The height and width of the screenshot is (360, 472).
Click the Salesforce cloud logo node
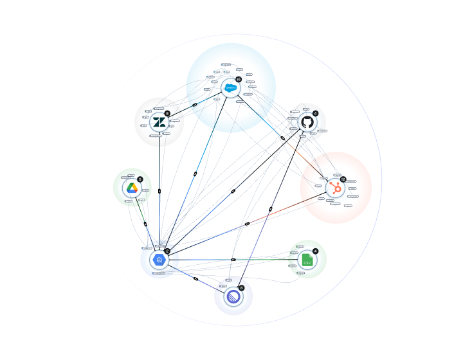coord(230,87)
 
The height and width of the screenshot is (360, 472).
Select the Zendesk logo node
coord(159,122)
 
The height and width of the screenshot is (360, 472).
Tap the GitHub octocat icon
coord(307,122)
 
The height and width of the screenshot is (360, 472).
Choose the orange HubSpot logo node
coord(334,188)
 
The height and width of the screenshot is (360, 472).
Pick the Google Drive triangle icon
coord(132,188)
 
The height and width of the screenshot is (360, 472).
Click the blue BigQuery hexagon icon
coord(159,260)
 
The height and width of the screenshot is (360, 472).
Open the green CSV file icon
coord(307,260)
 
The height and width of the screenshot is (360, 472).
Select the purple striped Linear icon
coord(233,296)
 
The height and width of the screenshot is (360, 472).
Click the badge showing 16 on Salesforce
coord(239,79)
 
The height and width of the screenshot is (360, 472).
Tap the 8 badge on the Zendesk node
coord(167,113)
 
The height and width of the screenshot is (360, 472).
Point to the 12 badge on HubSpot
coord(343,179)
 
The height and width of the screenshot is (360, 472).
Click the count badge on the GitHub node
coord(315,113)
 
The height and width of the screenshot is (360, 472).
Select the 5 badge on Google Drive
coord(140,179)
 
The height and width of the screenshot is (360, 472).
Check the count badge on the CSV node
coord(315,251)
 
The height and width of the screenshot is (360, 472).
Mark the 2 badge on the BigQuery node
coord(167,251)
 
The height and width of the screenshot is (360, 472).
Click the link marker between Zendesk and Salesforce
coord(194,105)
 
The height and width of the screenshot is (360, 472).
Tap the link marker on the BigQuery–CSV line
coord(233,260)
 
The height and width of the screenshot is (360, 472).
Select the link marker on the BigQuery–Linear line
coord(195,278)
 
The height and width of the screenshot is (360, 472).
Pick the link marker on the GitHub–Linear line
coord(271,210)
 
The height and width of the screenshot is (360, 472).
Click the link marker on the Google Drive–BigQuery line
coord(145,224)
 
